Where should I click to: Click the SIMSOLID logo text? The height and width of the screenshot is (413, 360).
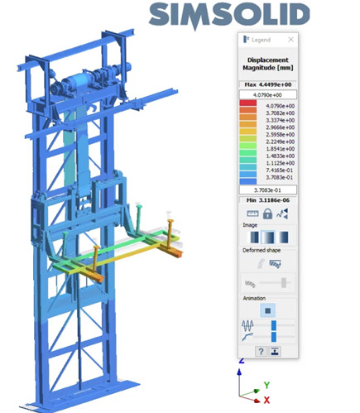pos(229,16)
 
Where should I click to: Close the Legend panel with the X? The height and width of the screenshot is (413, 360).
pos(290,40)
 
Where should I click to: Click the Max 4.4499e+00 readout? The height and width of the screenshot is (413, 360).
pos(268,84)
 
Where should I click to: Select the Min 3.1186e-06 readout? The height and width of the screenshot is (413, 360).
pos(268,200)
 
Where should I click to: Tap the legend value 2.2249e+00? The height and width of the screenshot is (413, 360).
pos(280,142)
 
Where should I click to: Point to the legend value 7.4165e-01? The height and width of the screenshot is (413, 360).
pos(280,170)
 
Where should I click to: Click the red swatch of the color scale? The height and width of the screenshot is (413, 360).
pos(248,103)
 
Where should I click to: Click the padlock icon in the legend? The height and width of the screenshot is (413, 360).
pos(267,214)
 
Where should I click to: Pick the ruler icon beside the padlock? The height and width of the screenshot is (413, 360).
pos(252,214)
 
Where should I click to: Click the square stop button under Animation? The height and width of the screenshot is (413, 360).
pos(267,310)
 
